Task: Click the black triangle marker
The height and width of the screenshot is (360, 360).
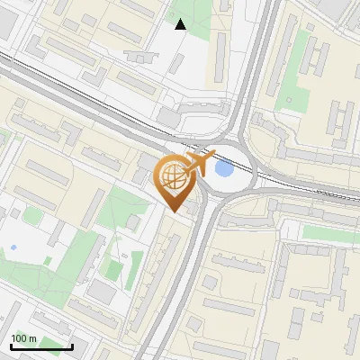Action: [x=181, y=24]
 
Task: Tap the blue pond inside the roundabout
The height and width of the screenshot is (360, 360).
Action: [x=223, y=168]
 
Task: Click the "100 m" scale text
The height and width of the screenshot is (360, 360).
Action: [x=24, y=338]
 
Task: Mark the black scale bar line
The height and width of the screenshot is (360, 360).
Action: [x=41, y=347]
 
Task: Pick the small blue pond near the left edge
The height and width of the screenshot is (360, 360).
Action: [x=13, y=247]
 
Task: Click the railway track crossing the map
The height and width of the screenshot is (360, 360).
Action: [x=90, y=99]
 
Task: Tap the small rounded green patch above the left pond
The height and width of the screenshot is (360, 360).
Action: [x=32, y=216]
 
